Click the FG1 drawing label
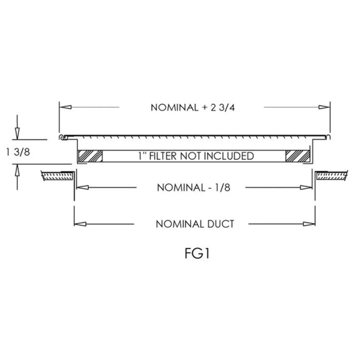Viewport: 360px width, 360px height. click(197, 253)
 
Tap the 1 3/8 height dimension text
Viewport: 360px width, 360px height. click(18, 152)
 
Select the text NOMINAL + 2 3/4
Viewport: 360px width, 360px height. click(192, 107)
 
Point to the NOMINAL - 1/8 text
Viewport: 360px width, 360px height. click(193, 187)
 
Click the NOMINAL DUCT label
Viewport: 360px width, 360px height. click(195, 224)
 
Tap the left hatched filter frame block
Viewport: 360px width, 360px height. click(90, 156)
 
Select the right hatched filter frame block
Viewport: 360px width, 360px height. click(297, 156)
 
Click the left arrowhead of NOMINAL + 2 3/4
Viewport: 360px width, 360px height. click(65, 107)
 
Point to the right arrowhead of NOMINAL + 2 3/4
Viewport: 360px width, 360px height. click(324, 107)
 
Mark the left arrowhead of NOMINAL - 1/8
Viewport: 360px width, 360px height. click(82, 187)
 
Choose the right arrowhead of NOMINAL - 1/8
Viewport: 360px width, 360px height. click(306, 187)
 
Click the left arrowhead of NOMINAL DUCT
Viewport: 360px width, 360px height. click(80, 224)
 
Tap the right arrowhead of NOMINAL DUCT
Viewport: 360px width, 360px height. click(309, 224)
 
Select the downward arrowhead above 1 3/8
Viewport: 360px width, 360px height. click(17, 133)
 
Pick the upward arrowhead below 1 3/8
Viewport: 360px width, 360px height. click(17, 170)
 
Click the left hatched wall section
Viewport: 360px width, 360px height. click(57, 176)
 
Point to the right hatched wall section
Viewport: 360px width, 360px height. click(331, 175)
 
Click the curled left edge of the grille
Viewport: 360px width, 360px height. click(60, 137)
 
